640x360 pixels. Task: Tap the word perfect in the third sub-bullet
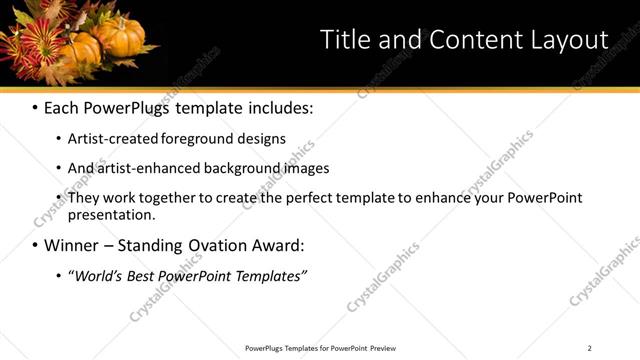pyautogui.click(x=302, y=198)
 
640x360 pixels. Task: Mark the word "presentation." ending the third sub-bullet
pyautogui.click(x=111, y=215)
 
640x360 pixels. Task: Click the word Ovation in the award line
pyautogui.click(x=207, y=245)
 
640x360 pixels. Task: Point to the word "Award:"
pyautogui.click(x=275, y=245)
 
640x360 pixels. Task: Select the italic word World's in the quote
pyautogui.click(x=94, y=276)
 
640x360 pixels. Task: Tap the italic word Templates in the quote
pyautogui.click(x=270, y=276)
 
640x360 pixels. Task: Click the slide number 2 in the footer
pyautogui.click(x=589, y=348)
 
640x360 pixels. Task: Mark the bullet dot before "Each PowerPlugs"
pyautogui.click(x=35, y=107)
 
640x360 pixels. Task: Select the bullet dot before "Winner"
pyautogui.click(x=35, y=245)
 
